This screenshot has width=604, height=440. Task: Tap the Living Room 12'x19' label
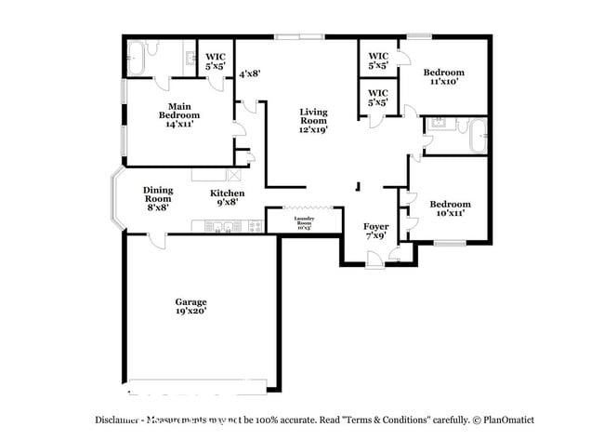[313, 120]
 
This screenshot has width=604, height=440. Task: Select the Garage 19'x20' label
[190, 306]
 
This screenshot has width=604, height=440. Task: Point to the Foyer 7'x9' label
[375, 231]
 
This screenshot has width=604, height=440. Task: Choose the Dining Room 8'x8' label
[157, 198]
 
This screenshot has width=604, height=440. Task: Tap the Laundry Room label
[305, 222]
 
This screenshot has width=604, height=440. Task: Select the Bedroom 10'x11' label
[449, 208]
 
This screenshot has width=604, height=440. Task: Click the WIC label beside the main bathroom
[215, 61]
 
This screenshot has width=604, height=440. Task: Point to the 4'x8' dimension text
[249, 73]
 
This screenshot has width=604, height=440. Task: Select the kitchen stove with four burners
[251, 226]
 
